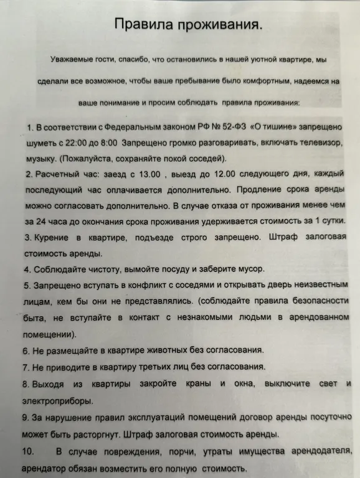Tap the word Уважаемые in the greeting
(x=72, y=60)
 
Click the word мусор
(x=249, y=269)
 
